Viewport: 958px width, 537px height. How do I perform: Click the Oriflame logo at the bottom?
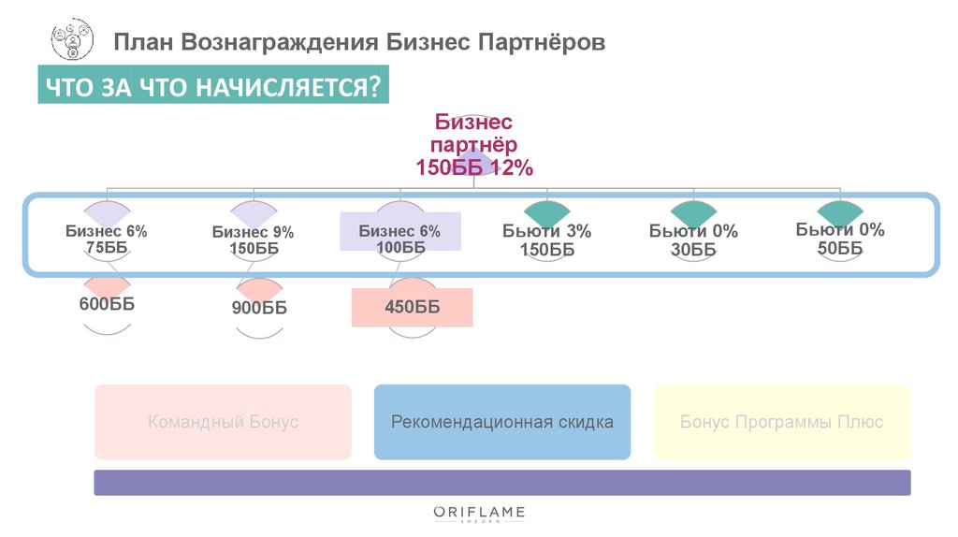(x=479, y=514)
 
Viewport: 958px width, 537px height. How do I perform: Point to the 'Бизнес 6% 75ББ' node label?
(x=106, y=239)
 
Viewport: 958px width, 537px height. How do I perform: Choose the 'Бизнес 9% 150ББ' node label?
(x=253, y=240)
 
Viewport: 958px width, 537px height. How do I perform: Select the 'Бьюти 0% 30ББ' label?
(x=693, y=240)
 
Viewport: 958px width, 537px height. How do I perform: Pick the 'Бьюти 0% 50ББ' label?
(x=840, y=239)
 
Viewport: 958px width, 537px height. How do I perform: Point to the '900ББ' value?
(x=259, y=309)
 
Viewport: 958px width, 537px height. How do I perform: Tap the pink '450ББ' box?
(x=412, y=308)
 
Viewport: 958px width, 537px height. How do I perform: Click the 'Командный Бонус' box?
(x=223, y=422)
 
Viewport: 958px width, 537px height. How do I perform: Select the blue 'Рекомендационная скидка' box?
(x=502, y=422)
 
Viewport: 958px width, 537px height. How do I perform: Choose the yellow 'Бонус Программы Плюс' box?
(x=781, y=422)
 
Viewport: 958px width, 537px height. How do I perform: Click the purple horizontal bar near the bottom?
(x=502, y=483)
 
